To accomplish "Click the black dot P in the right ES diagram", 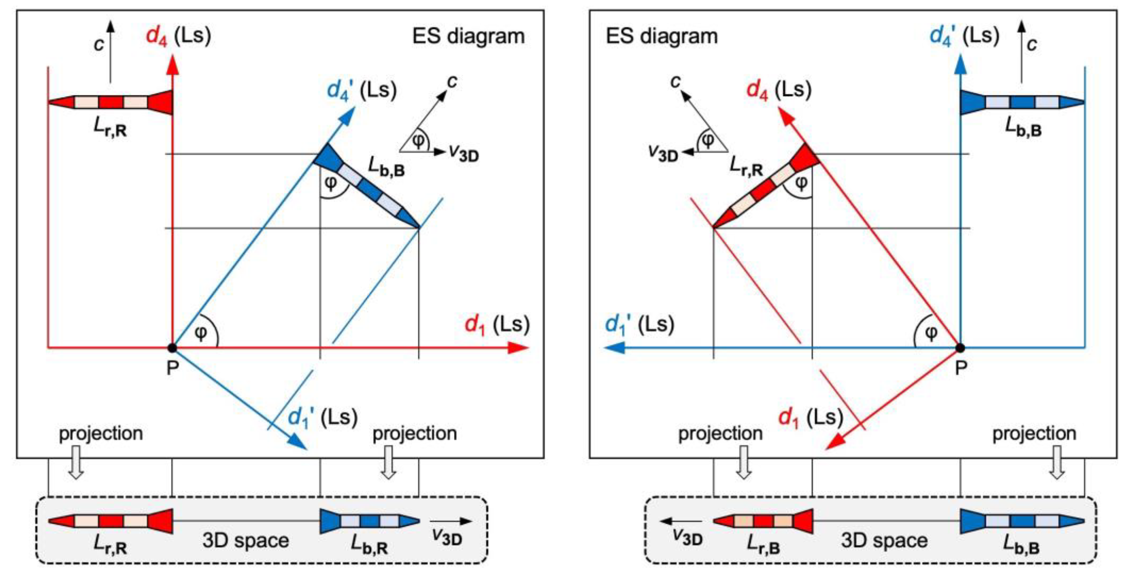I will click(960, 348).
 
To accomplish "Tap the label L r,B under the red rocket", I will click(763, 545).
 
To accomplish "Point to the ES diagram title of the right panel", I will click(662, 36).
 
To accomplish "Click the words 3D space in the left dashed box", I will click(246, 541).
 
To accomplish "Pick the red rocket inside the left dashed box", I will click(111, 521).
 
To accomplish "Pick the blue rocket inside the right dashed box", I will click(1022, 521).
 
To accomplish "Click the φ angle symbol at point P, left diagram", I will click(201, 333).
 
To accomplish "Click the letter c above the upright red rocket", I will click(99, 44).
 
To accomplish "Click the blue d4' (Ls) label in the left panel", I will click(361, 90).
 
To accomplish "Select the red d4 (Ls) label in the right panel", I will click(778, 90).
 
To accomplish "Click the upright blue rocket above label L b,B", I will click(1022, 103).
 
